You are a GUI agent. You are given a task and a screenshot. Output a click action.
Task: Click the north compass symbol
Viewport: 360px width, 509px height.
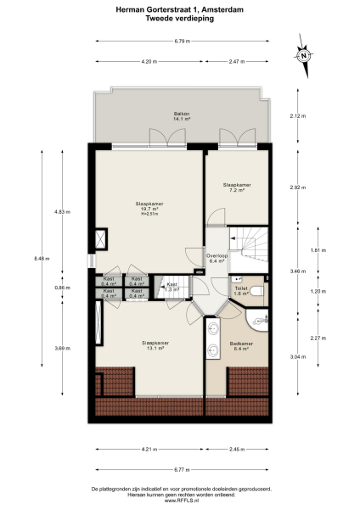point(303,55)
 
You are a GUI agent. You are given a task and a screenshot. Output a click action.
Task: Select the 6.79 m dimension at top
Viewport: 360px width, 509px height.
point(181,40)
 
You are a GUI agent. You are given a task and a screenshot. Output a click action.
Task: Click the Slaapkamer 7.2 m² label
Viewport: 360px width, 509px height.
point(236,187)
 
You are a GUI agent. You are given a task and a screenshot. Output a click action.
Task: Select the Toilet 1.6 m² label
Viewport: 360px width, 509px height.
point(240,291)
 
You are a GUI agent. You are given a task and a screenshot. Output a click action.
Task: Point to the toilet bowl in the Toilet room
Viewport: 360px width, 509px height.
point(259,290)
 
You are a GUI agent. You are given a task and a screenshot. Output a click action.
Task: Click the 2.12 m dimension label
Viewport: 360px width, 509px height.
point(295,115)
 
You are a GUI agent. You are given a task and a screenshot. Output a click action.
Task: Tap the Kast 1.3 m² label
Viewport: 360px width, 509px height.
point(172,288)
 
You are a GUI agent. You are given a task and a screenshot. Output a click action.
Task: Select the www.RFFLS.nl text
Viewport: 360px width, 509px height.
point(180,501)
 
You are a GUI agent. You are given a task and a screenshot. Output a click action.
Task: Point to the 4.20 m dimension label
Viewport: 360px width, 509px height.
point(149,61)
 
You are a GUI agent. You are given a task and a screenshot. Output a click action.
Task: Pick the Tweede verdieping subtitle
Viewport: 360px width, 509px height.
point(180,18)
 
